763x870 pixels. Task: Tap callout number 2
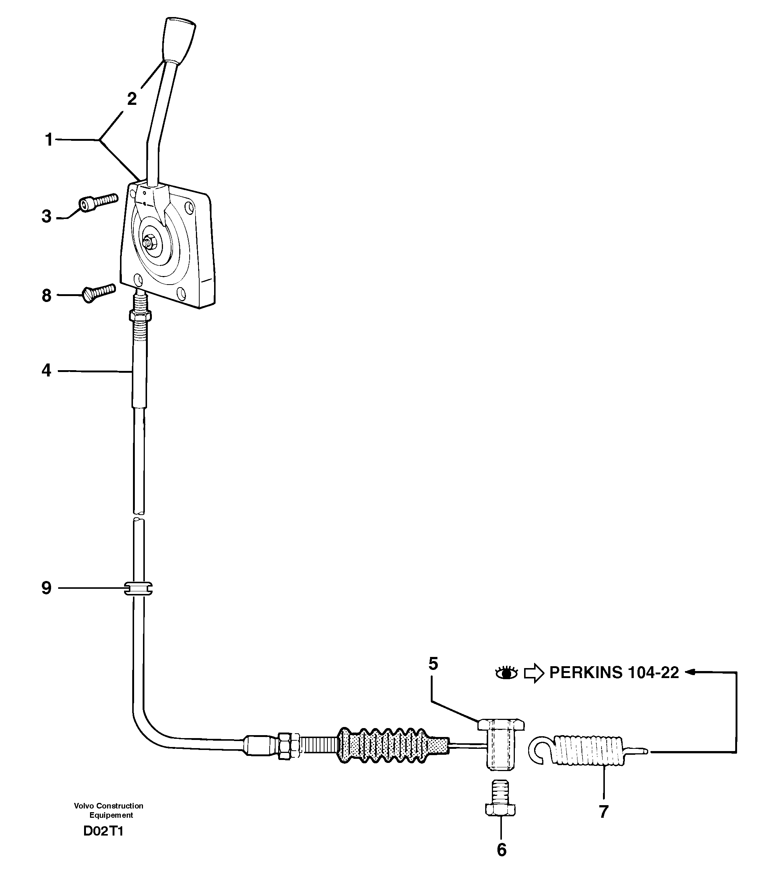pos(132,99)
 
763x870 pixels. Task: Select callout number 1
pos(49,140)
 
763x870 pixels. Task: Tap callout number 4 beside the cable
pos(46,371)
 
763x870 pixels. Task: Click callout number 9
pos(46,588)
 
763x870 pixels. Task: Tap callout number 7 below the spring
pos(603,812)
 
